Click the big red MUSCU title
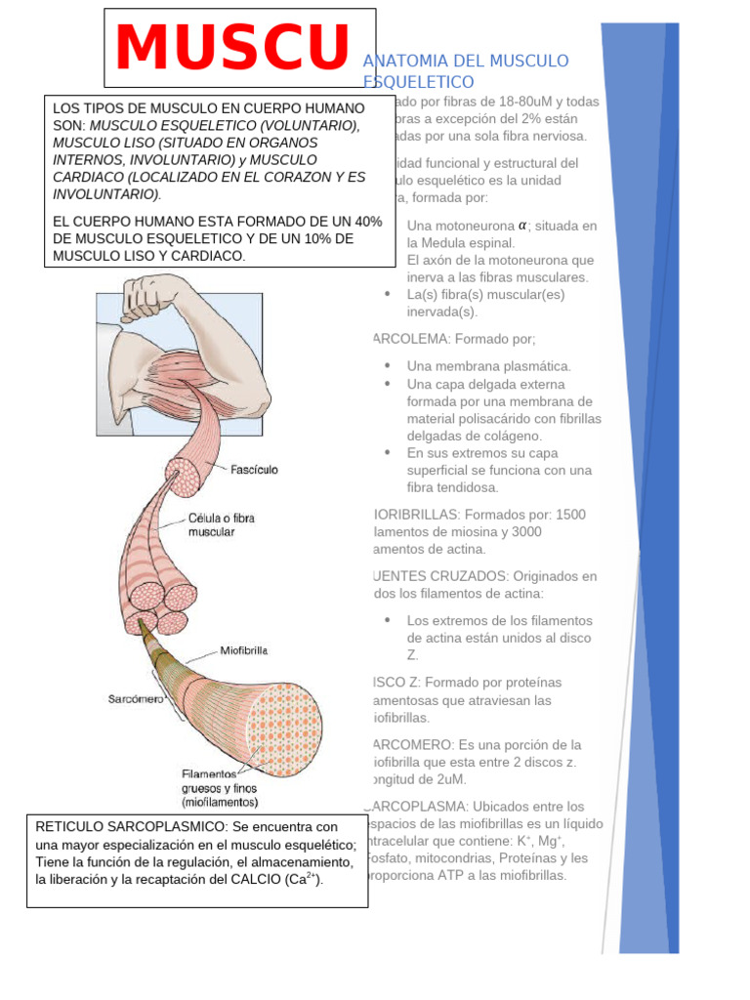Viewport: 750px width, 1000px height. tap(232, 48)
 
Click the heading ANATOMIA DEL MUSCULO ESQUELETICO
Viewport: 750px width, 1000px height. tap(465, 70)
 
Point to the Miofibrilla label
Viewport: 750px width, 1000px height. tap(244, 649)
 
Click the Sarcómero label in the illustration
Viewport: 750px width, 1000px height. tap(135, 699)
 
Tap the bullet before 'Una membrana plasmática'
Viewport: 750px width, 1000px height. tap(388, 366)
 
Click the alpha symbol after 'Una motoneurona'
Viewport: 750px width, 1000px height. tap(522, 225)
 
